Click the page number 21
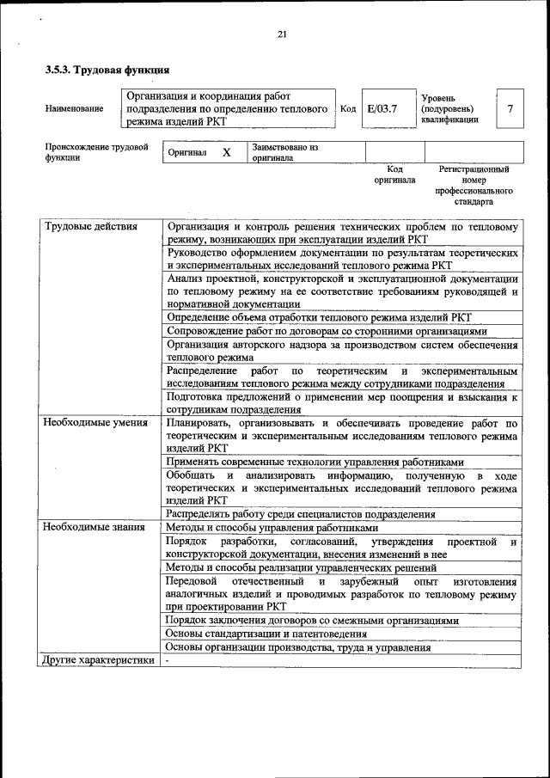coord(281,34)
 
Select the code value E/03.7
coord(382,109)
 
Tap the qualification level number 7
coord(510,109)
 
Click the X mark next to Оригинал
coord(227,153)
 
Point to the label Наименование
coord(75,109)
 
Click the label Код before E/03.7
coord(348,109)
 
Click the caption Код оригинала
coord(394,175)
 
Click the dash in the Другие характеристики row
coord(168,660)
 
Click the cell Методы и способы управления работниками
coord(272,527)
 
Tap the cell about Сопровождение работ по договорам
coord(327,331)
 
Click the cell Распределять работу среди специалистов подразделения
coord(301,514)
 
